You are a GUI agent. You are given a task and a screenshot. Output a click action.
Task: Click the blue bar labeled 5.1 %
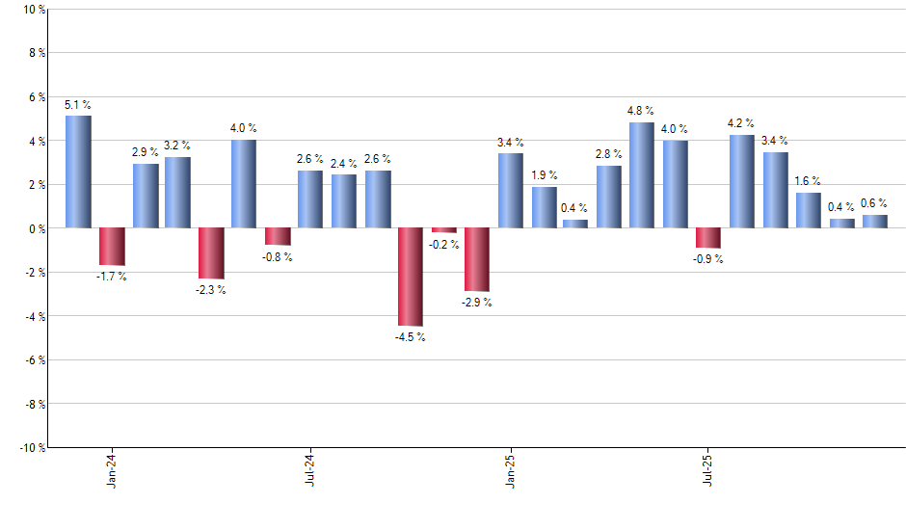78,172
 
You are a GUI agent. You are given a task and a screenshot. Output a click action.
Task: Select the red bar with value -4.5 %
411,277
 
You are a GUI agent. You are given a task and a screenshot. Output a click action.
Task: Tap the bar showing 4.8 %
641,175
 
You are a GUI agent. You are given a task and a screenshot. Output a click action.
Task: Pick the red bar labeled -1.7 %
112,246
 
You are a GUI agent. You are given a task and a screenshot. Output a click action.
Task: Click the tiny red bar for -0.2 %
443,230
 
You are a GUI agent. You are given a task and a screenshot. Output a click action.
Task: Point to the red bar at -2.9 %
477,259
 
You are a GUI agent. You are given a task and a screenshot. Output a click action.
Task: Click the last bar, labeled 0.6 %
874,222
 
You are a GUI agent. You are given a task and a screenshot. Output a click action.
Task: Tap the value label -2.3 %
211,290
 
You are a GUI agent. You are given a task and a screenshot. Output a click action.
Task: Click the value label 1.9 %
544,174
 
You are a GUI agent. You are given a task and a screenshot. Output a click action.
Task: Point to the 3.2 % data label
178,146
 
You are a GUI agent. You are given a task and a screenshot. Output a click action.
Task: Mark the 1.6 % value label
809,180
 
